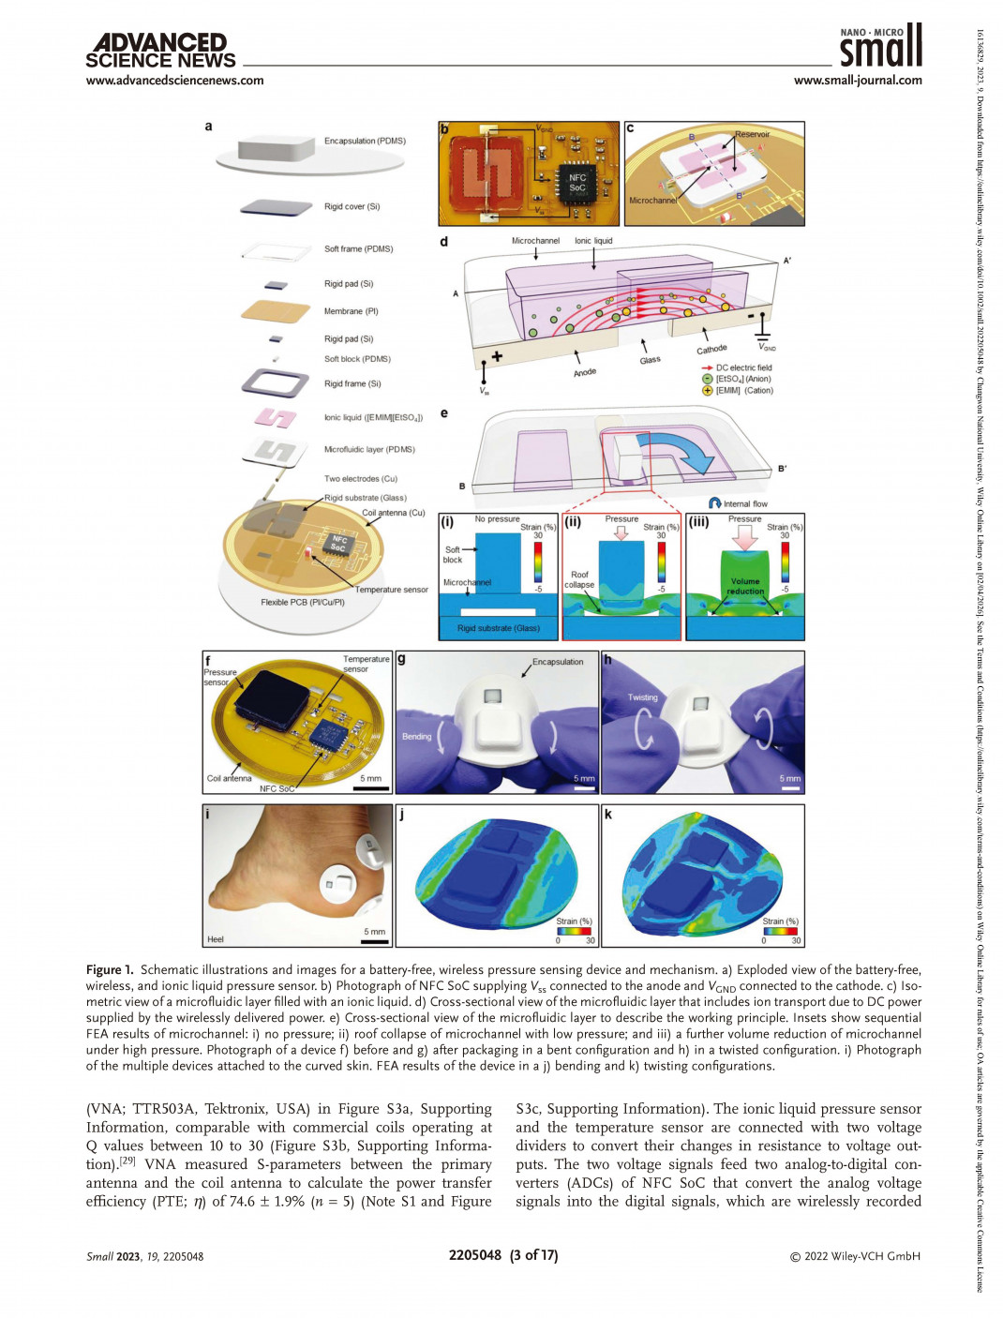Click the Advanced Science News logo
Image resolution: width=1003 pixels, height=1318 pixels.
(160, 52)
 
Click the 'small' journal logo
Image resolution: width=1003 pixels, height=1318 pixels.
(880, 46)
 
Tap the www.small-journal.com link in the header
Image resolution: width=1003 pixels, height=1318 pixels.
(857, 81)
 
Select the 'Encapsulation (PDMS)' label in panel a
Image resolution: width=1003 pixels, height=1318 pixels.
(365, 142)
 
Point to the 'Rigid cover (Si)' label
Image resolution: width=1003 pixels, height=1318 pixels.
(352, 207)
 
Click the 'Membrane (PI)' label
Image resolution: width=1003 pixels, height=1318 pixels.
(351, 311)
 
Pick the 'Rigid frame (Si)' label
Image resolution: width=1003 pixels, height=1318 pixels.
(352, 383)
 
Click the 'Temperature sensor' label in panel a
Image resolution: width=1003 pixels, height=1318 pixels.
(391, 590)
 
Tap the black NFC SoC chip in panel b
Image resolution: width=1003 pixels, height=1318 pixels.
(576, 182)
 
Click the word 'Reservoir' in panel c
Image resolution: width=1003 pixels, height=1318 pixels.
(752, 135)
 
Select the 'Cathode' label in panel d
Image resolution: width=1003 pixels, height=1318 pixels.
(711, 350)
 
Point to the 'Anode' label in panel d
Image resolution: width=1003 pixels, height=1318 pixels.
(585, 372)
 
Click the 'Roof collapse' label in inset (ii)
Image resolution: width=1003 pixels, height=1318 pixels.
(579, 579)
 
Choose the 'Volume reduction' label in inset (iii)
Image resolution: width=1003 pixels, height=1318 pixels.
(745, 586)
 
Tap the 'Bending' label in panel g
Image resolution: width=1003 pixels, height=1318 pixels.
(416, 737)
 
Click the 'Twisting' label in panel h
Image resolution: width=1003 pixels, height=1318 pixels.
(642, 697)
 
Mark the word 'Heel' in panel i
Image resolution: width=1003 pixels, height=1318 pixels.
(216, 938)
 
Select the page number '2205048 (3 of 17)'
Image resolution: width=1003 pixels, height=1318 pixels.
(502, 1255)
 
